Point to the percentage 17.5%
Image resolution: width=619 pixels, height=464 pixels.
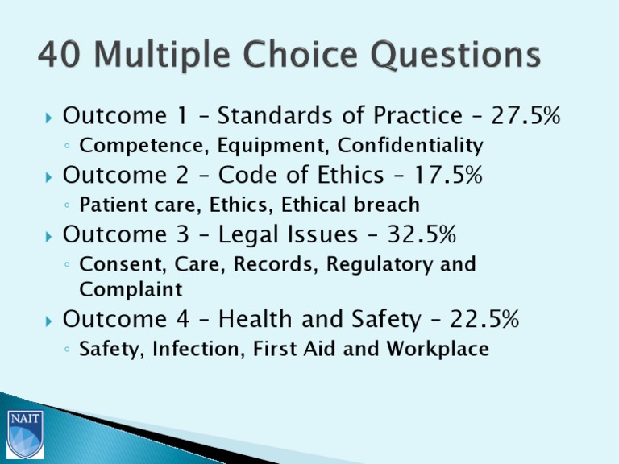click(447, 175)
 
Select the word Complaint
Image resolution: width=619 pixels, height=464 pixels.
click(131, 288)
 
